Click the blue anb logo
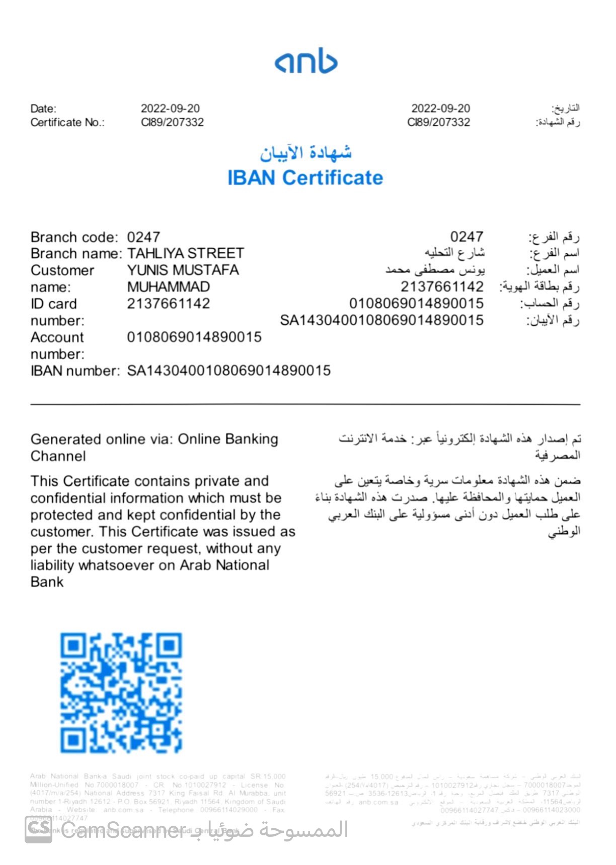306,61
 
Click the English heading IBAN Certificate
305,178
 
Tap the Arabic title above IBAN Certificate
305,152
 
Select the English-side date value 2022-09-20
170,108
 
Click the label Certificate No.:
67,122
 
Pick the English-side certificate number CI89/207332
172,122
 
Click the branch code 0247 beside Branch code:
143,237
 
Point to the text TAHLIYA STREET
185,253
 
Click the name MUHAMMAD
168,287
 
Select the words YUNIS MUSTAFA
183,270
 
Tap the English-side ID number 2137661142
168,303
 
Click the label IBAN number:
75,371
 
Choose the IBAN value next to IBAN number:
228,371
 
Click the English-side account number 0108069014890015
194,337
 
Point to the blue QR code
121,693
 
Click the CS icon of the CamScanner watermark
39,829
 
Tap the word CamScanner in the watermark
123,830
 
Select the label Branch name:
76,253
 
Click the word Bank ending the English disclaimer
47,582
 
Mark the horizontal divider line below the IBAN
305,404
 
